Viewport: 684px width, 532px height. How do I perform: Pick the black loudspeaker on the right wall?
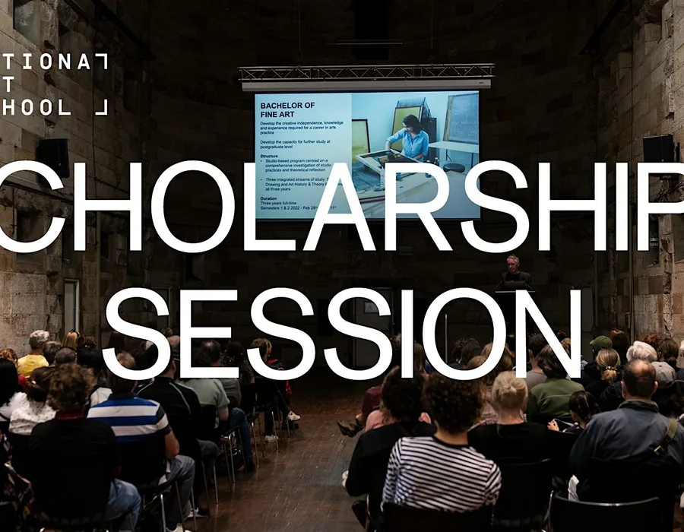click(658, 150)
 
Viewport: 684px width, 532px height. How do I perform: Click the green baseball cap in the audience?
click(601, 343)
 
